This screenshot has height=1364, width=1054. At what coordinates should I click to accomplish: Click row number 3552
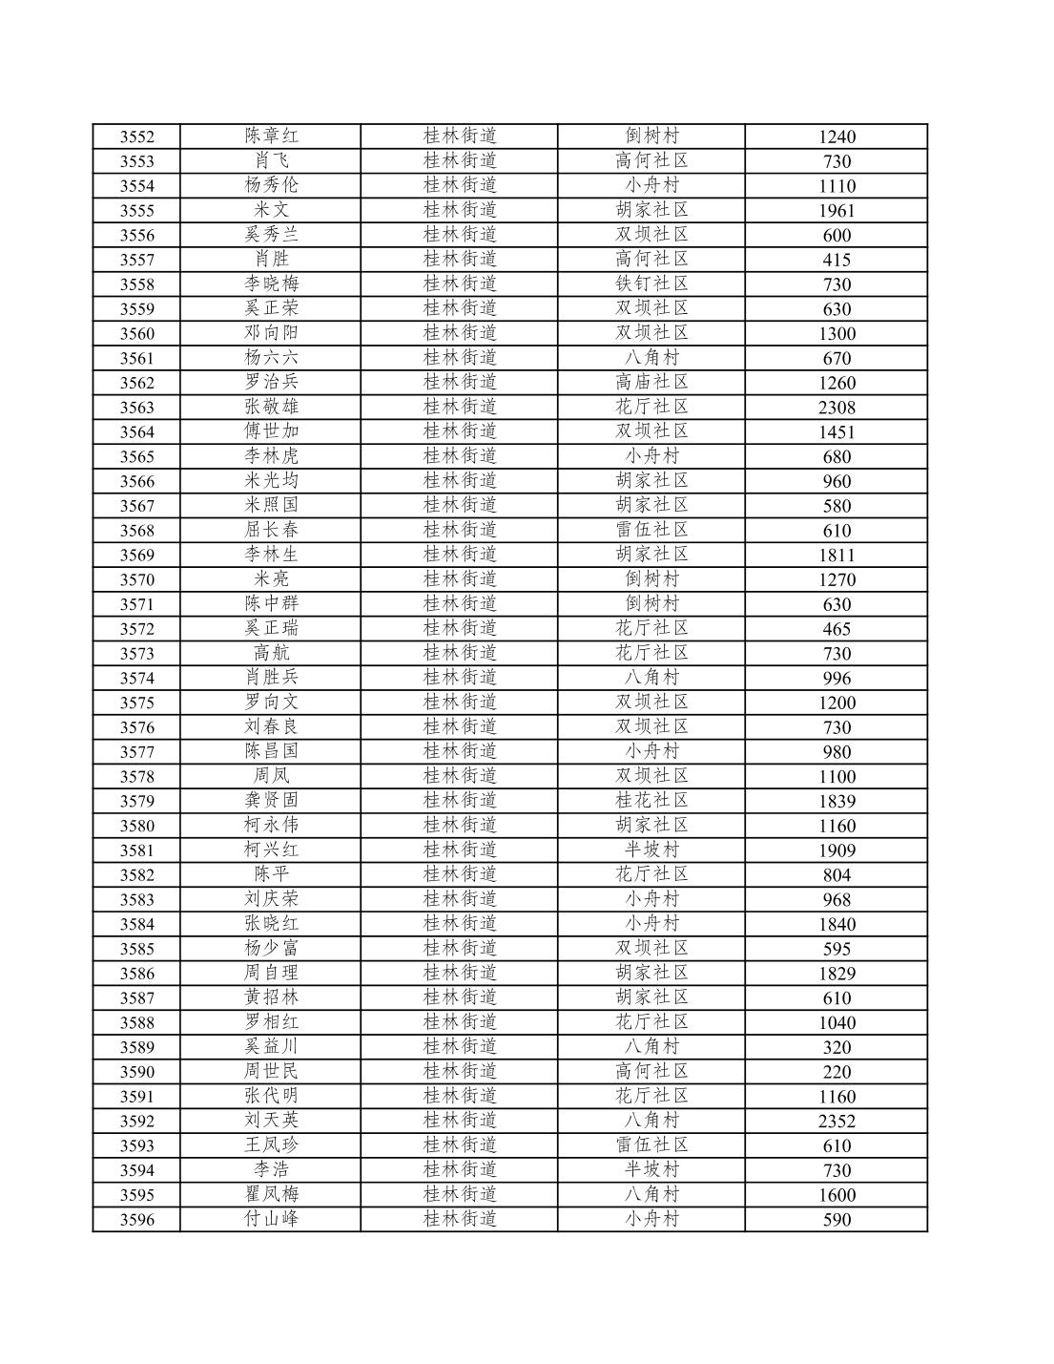[136, 136]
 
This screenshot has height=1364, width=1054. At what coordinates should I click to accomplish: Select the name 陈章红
[271, 136]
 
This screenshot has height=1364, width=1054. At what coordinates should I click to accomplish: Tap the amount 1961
[837, 211]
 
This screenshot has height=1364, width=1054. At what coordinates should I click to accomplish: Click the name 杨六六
[271, 357]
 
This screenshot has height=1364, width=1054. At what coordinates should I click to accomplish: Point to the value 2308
[837, 408]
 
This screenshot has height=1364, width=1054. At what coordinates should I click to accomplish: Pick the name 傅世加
[271, 430]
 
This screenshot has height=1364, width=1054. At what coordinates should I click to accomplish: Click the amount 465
[837, 629]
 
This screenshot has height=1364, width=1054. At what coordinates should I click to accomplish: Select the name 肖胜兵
[271, 677]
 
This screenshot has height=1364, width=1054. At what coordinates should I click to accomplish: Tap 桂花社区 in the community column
[651, 800]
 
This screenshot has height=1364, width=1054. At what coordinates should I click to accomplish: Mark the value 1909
[837, 850]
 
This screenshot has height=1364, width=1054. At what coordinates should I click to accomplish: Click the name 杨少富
[271, 948]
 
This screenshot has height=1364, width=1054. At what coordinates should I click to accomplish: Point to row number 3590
[136, 1072]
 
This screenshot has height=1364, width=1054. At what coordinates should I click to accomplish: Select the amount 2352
[837, 1122]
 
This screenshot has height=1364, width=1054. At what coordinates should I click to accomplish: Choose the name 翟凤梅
[271, 1194]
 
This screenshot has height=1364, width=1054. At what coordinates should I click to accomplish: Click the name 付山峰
[271, 1219]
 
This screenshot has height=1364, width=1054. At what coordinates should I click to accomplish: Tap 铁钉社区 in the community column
[651, 283]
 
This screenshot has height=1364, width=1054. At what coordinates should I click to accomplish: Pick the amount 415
[837, 260]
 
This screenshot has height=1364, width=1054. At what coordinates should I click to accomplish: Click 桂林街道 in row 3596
[460, 1219]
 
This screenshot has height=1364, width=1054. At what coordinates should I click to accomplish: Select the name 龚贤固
[271, 800]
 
